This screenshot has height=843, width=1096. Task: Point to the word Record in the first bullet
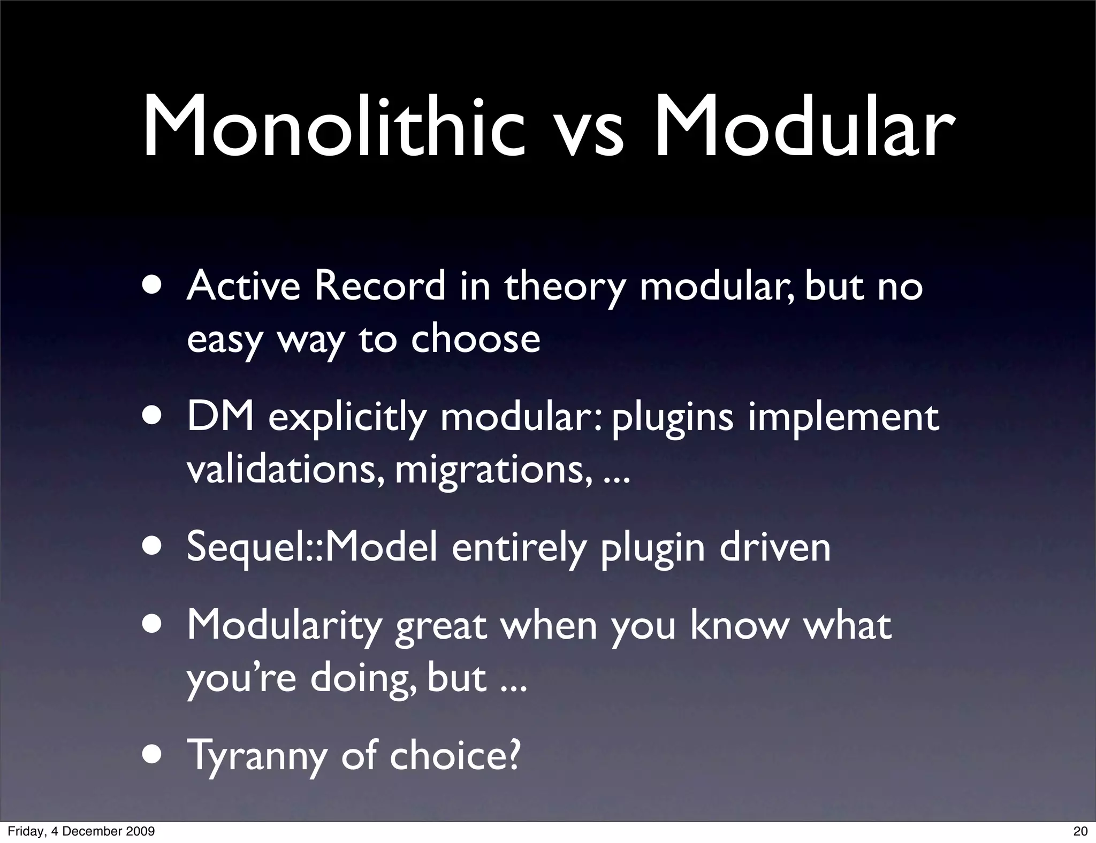[x=379, y=286]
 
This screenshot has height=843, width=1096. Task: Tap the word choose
[x=475, y=339]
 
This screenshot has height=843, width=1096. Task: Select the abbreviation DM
[x=220, y=417]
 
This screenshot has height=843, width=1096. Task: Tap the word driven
[x=774, y=547]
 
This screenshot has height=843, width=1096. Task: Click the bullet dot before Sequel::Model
[x=153, y=547]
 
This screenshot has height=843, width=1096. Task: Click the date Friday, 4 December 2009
[x=81, y=831]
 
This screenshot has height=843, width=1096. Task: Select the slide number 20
[x=1080, y=831]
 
